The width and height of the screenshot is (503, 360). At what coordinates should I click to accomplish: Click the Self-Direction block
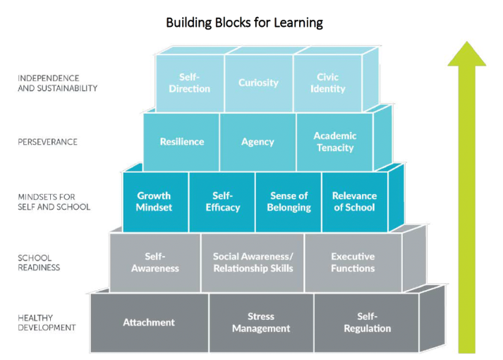coord(190,83)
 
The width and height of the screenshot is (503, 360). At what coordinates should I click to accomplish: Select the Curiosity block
coord(259,83)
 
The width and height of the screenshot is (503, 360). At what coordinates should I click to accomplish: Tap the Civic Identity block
coord(327,83)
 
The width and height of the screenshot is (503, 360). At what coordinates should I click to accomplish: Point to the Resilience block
coord(181,142)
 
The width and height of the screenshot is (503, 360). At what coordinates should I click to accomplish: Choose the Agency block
coord(258,142)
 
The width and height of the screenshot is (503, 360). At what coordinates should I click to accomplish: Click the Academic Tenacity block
coord(335,142)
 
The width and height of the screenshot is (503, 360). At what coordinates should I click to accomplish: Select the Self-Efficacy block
coord(222,202)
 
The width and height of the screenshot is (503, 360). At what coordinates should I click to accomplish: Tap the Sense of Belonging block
coord(289,202)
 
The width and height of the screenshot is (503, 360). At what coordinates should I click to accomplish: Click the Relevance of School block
coord(355,202)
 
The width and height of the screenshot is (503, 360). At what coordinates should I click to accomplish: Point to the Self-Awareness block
coord(155,263)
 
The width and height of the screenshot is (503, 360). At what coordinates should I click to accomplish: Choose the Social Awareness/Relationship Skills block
coord(253,263)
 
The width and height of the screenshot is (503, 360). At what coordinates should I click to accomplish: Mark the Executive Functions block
coord(353,263)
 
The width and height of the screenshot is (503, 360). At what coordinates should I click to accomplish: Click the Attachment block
coord(150,323)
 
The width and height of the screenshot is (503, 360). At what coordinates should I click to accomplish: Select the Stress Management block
coord(262,323)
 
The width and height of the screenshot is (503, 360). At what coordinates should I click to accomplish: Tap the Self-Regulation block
coord(367,323)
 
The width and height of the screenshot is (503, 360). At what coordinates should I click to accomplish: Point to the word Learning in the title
coord(298,23)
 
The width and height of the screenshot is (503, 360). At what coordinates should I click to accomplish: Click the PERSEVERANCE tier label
coord(47,142)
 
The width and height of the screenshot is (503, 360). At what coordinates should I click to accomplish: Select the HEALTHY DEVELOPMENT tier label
coord(47,323)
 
